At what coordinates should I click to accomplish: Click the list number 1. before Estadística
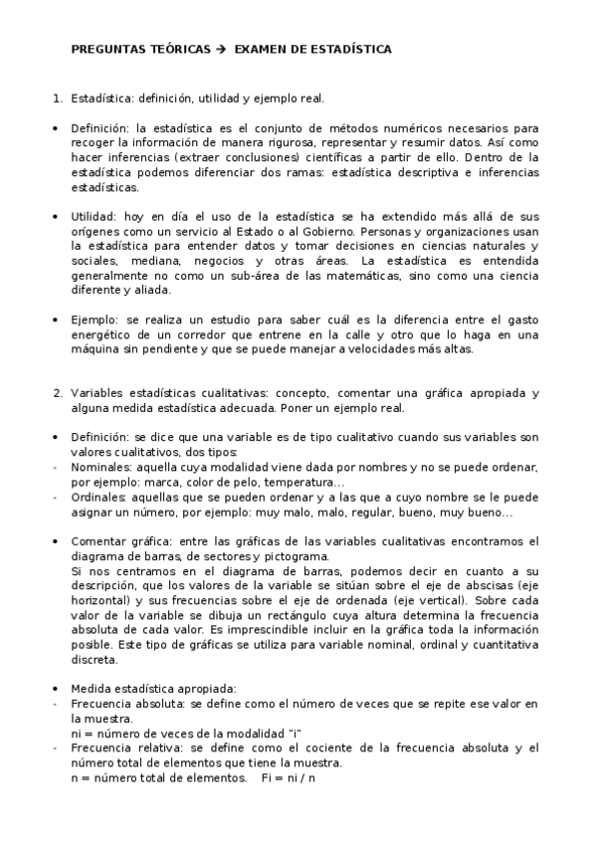(x=58, y=99)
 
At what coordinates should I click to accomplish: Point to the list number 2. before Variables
(x=58, y=392)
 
